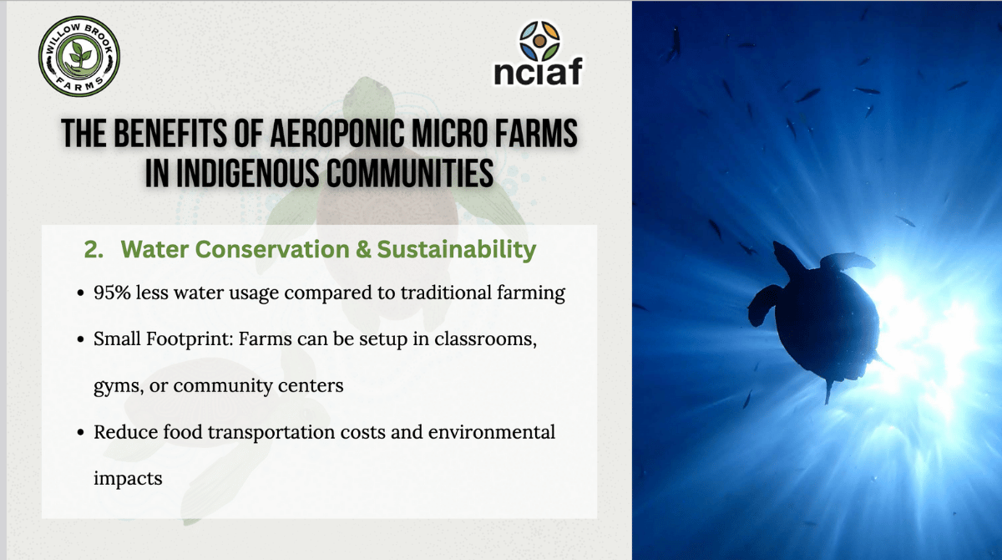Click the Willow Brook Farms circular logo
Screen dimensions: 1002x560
[79, 56]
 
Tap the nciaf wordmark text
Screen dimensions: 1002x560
[538, 71]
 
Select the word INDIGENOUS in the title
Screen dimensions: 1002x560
[247, 173]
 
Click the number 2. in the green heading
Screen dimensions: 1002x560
[94, 249]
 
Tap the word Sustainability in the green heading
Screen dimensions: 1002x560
[456, 250]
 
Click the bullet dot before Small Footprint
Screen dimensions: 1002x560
[80, 339]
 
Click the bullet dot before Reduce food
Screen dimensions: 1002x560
[80, 433]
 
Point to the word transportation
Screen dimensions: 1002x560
[271, 433]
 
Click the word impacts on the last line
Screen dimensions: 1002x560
[128, 479]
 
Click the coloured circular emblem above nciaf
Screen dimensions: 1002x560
[539, 41]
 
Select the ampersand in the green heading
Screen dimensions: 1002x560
[362, 250]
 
